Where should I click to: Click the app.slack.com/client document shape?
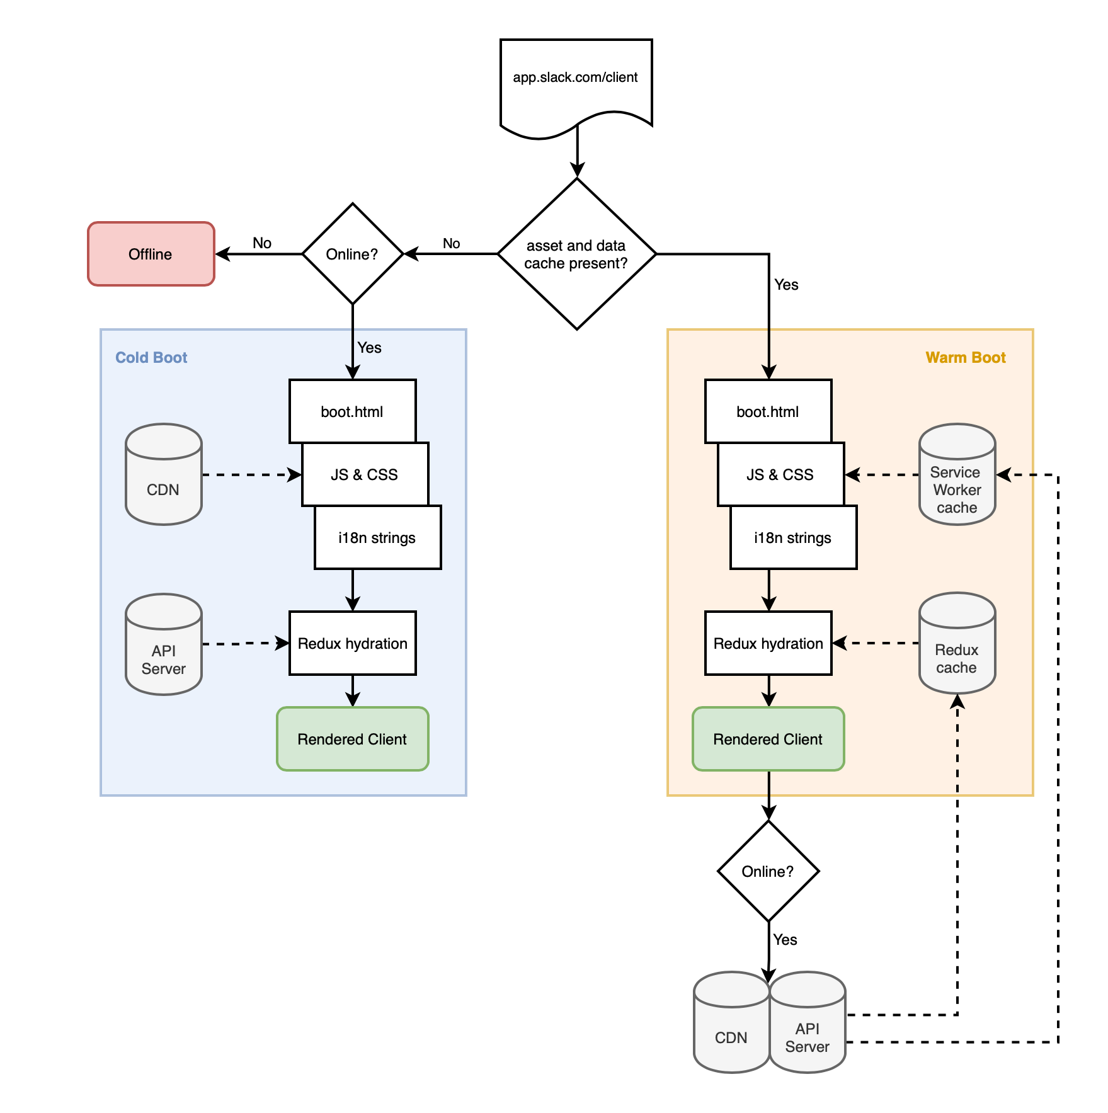tap(576, 82)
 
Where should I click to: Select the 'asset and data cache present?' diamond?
tap(577, 254)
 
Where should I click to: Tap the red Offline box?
tap(151, 254)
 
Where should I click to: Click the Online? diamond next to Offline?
tap(353, 254)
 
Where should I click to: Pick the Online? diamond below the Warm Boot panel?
tap(768, 871)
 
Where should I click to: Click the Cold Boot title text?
tap(151, 357)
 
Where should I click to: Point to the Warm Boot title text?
tap(966, 357)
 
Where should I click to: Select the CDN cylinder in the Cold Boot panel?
tap(164, 474)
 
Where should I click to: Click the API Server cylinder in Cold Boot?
tap(164, 644)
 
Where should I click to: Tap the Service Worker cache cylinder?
tap(957, 474)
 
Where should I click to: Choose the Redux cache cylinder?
tap(957, 643)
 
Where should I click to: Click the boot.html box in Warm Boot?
tap(768, 411)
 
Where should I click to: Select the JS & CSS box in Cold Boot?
tap(365, 474)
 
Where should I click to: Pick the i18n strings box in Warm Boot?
tap(794, 537)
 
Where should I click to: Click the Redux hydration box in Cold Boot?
tap(353, 643)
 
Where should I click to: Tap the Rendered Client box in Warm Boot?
tap(768, 739)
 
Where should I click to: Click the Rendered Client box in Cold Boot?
tap(353, 739)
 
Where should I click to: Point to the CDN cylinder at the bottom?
tap(731, 1022)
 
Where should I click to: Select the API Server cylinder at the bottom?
tap(808, 1022)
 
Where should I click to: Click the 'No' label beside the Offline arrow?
tap(262, 243)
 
